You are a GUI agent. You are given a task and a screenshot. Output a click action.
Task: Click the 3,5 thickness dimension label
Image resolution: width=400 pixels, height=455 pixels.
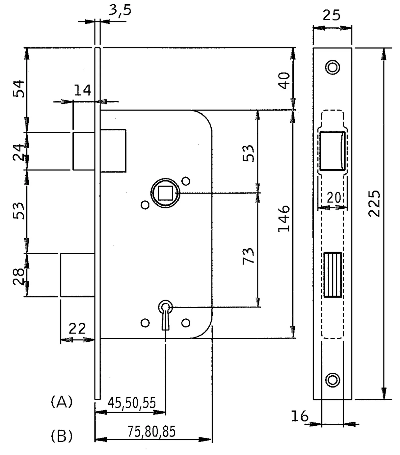(x=120, y=11)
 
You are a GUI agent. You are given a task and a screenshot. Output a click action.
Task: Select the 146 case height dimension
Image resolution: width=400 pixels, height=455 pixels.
(x=284, y=218)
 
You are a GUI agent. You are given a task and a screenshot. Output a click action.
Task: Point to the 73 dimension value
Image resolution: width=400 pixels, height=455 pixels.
(x=248, y=256)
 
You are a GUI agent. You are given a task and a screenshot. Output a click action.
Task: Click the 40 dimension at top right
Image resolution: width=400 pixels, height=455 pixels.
(x=284, y=81)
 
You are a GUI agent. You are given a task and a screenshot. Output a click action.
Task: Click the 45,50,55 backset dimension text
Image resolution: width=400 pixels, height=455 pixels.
(x=132, y=403)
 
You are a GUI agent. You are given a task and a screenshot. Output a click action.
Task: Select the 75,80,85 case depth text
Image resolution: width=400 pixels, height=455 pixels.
(x=151, y=431)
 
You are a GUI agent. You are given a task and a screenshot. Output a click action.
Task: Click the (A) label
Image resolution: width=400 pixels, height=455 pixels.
(x=62, y=402)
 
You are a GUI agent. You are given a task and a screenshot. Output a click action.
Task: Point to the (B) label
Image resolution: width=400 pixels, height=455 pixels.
(x=62, y=436)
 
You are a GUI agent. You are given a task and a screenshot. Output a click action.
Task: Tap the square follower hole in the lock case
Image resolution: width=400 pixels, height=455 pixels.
(x=165, y=193)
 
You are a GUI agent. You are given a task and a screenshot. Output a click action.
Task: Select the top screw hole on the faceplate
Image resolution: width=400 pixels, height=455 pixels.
(x=332, y=67)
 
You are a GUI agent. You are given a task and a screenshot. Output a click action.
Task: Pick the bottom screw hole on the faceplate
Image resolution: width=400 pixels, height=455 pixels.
(x=332, y=380)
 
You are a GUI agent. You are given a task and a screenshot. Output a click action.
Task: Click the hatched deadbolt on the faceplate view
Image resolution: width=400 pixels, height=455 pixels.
(x=332, y=275)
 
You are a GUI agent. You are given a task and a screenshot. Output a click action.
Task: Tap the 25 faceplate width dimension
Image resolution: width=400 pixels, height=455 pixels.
(x=331, y=16)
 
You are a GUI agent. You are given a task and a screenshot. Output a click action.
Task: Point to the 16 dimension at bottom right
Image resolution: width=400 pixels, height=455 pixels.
(x=300, y=416)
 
